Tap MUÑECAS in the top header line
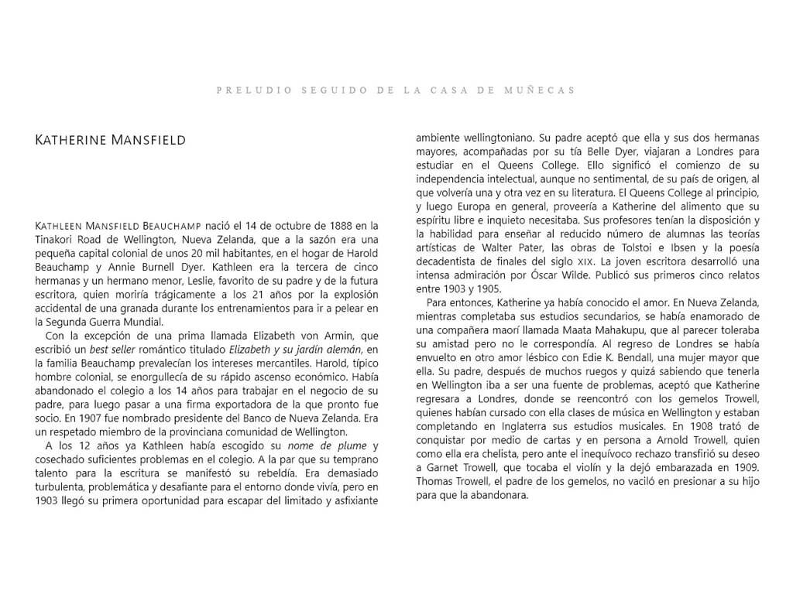548,90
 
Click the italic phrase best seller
116,350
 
